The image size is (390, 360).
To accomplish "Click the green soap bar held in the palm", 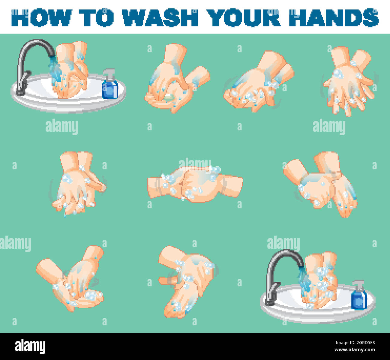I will pos(169,97).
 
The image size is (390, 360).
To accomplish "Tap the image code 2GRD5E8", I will pos(358,343).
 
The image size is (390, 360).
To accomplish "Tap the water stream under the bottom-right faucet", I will pos(304,280).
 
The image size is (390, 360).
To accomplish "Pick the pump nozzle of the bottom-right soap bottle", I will pos(358,283).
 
